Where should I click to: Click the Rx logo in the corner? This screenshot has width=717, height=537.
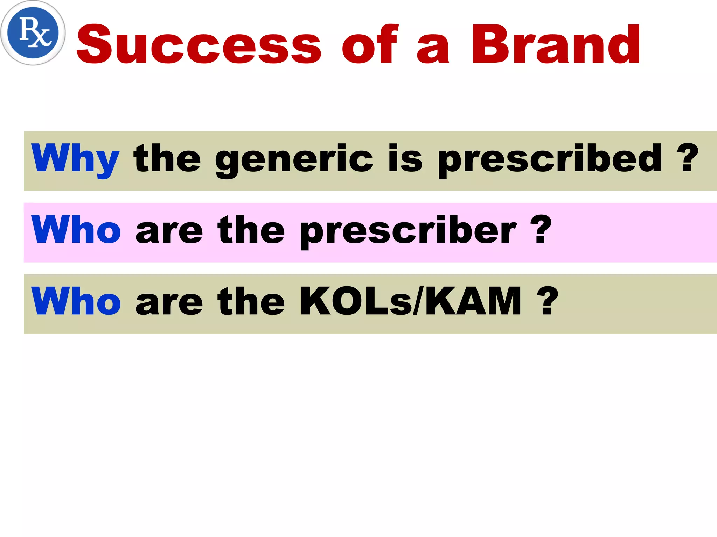33,33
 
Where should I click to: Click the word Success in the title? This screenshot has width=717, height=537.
199,45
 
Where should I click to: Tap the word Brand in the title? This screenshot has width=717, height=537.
556,45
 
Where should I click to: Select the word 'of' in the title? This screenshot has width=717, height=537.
370,45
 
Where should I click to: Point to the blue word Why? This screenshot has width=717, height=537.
75,159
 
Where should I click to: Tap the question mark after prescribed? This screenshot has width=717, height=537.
687,158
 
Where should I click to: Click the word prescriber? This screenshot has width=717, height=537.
408,231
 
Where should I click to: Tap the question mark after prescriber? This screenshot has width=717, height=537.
541,230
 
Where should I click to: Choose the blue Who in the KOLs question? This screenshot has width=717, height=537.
76,301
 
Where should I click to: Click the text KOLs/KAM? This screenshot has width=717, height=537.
411,301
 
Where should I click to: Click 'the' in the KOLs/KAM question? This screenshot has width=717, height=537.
251,301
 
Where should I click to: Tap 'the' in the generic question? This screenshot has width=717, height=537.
167,159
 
